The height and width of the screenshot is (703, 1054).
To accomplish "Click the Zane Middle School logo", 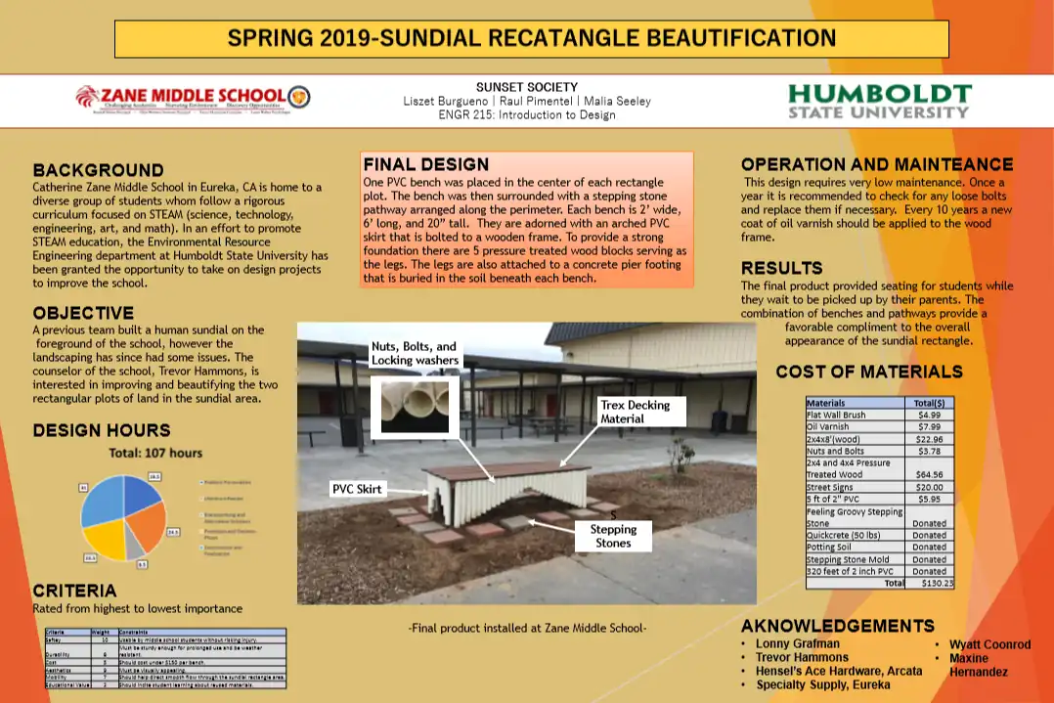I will pyautogui.click(x=193, y=99).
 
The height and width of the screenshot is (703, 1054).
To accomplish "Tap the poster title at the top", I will pyautogui.click(x=531, y=39).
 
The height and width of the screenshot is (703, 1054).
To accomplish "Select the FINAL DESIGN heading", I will pyautogui.click(x=425, y=164).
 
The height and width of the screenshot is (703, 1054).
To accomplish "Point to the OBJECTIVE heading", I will pyautogui.click(x=83, y=313).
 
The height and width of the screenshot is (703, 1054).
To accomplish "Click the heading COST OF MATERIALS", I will pyautogui.click(x=868, y=372).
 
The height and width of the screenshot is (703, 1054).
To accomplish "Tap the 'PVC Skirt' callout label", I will pyautogui.click(x=357, y=489).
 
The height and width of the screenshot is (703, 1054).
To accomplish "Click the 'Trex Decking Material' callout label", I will pyautogui.click(x=635, y=412).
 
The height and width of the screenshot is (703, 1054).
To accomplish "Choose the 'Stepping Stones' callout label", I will pyautogui.click(x=613, y=535).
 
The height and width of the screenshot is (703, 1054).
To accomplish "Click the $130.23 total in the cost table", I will pyautogui.click(x=936, y=583).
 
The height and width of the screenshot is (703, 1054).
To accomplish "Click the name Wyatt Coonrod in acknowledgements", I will pyautogui.click(x=989, y=644).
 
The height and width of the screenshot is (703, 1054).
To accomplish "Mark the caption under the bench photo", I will pyautogui.click(x=527, y=628).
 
